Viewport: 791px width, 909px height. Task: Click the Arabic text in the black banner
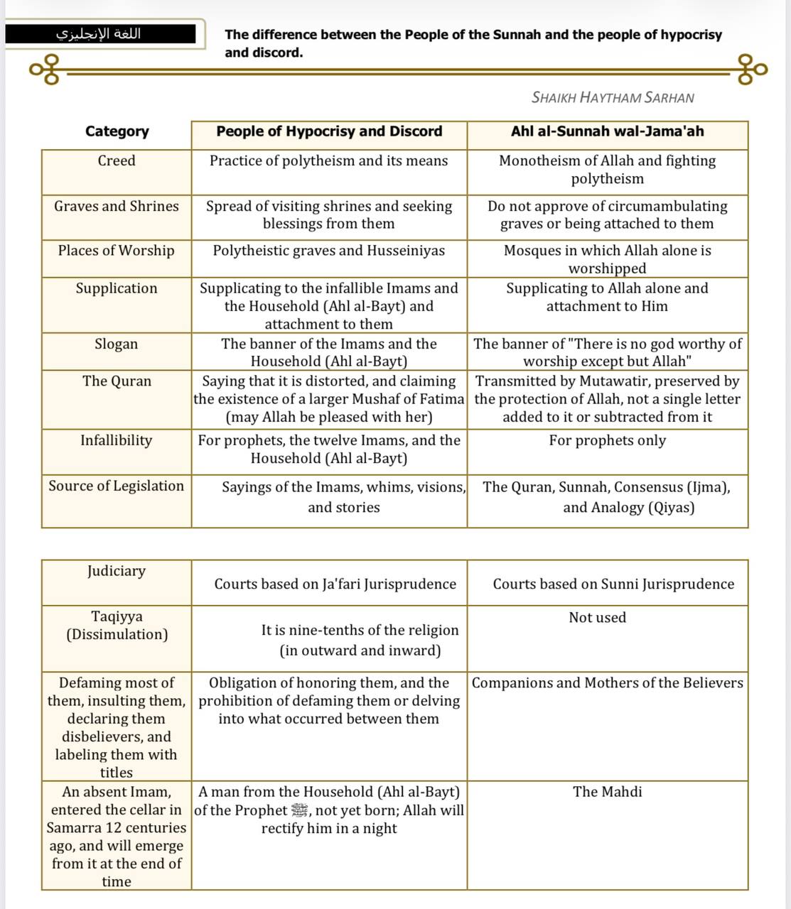(99, 33)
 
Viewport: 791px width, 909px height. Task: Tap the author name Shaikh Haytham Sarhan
(613, 97)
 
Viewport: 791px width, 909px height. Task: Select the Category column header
(117, 131)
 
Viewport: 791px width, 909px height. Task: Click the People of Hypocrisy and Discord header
(329, 131)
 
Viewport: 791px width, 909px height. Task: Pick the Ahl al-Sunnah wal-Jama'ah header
(607, 131)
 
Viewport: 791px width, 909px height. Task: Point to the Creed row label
(117, 161)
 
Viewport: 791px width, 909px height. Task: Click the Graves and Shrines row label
(117, 207)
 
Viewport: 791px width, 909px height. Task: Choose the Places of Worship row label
(117, 251)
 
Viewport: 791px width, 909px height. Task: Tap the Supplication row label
(117, 288)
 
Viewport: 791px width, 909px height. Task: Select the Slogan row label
(117, 344)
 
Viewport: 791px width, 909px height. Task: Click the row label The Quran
(117, 381)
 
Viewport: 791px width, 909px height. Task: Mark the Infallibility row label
(117, 440)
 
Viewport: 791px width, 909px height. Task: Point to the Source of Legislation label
(117, 486)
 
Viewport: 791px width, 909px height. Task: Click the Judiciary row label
(117, 571)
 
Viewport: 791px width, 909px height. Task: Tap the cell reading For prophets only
(607, 440)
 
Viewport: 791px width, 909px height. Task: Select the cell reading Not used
(597, 618)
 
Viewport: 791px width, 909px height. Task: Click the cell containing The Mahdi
(607, 792)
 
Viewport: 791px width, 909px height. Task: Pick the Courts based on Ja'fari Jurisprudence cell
(335, 584)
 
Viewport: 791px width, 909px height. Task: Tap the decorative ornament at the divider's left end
(44, 70)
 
